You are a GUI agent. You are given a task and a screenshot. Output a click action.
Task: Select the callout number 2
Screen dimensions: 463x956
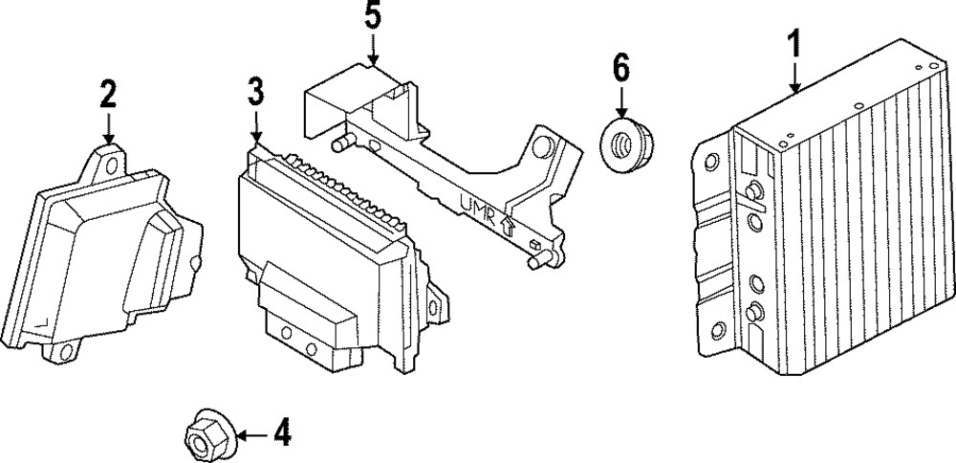pos(107,95)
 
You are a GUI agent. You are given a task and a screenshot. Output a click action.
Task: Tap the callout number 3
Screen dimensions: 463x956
pos(255,93)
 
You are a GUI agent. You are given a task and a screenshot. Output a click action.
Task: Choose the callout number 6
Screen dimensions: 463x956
pos(620,68)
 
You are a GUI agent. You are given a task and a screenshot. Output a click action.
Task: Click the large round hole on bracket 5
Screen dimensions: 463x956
pos(544,147)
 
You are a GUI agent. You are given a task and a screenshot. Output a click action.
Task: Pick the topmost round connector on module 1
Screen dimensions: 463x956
pos(754,187)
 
